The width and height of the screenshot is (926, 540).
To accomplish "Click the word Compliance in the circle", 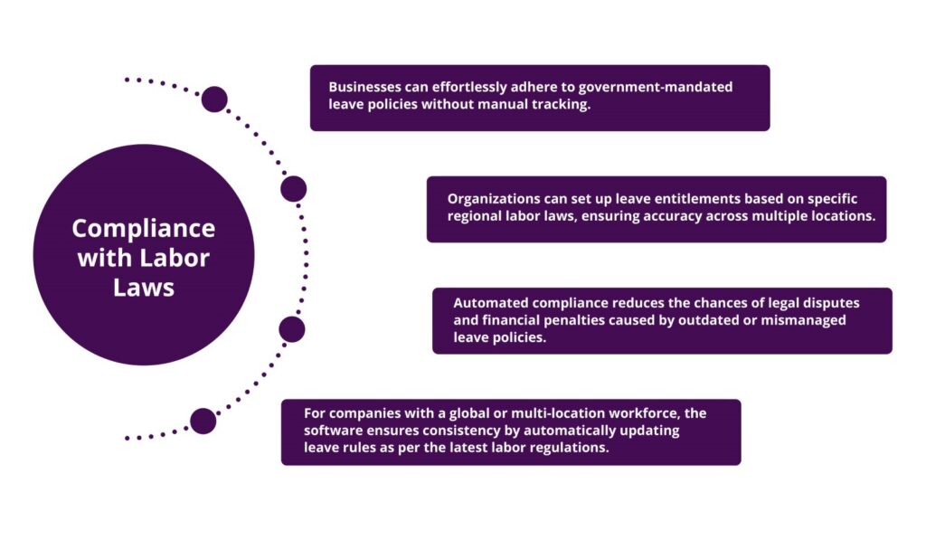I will pos(143,227).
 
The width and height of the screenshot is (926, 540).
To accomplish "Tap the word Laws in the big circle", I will pos(143,288).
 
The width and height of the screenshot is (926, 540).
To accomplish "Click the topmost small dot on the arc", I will pos(214,99).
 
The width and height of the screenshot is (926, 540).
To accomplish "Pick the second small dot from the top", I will pos(293,189).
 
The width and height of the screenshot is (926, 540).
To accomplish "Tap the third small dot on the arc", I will pos(291,329).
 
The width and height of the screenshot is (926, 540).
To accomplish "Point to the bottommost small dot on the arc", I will pos(203,421).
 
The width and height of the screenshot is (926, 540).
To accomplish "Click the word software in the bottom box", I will pos(333,431).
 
